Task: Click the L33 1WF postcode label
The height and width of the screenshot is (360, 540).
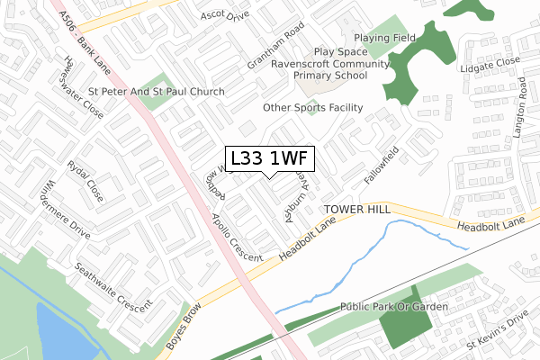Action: (x=270, y=159)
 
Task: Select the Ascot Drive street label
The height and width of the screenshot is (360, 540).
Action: (x=224, y=16)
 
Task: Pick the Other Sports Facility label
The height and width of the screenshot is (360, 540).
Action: (x=312, y=108)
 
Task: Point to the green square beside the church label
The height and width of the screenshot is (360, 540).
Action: (x=155, y=93)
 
